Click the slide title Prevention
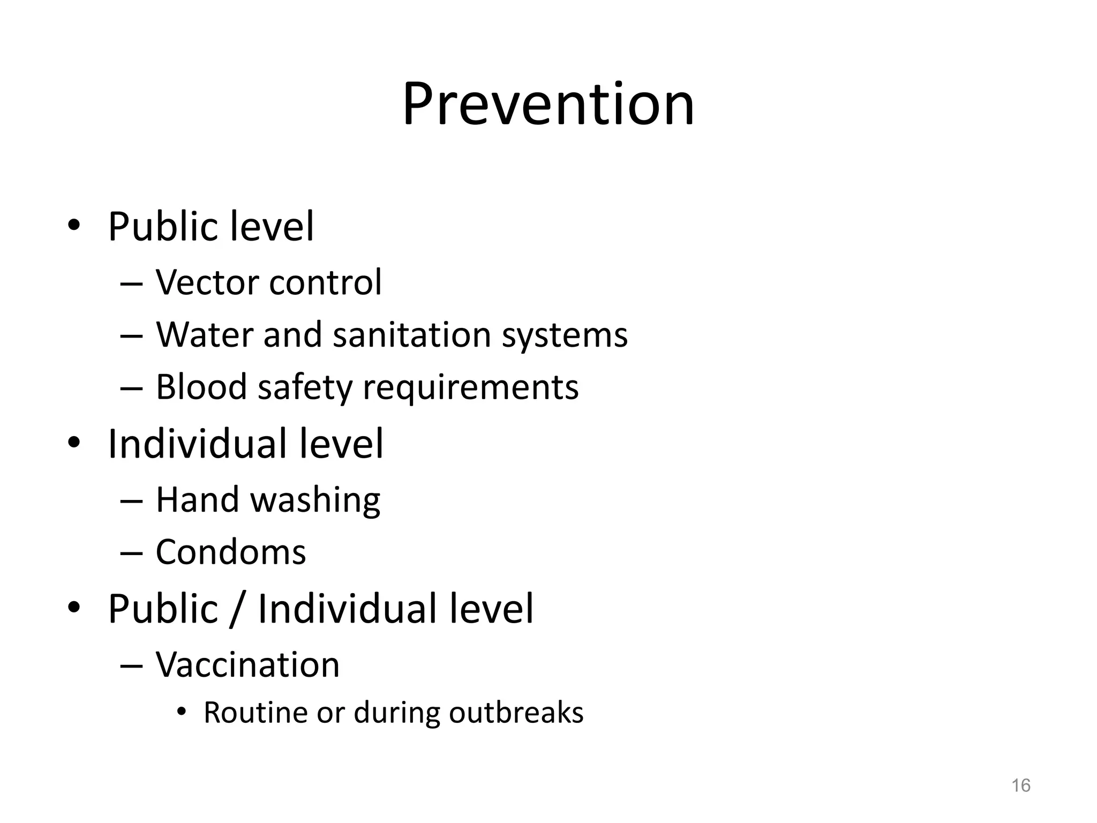click(x=548, y=104)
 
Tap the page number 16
click(x=1020, y=785)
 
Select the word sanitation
click(x=412, y=335)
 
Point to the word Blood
click(x=201, y=387)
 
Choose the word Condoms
click(x=231, y=552)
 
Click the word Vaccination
click(x=247, y=665)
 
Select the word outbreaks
click(x=516, y=713)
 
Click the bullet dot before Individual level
click(x=74, y=443)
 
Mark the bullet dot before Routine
click(x=182, y=712)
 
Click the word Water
click(x=204, y=335)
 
